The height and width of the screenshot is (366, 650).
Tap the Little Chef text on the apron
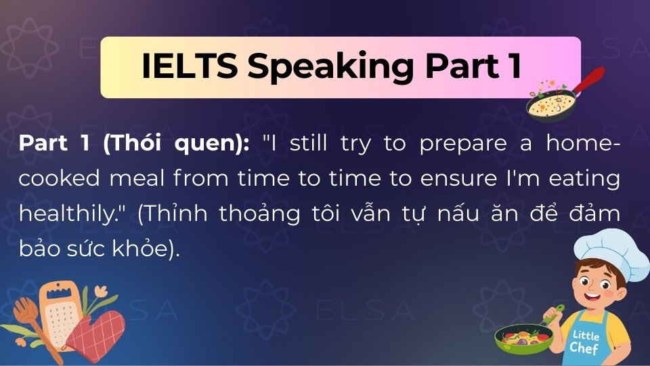point(584,342)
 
